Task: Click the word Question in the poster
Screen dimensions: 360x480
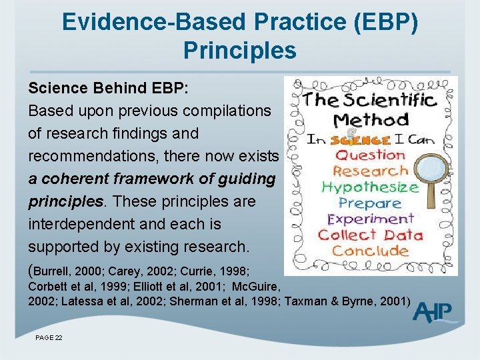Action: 370,155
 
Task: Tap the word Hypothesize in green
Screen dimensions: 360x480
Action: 369,187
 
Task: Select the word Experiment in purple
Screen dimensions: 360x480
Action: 370,219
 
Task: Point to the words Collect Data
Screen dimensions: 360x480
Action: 370,235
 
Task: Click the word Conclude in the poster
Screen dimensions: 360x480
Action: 370,251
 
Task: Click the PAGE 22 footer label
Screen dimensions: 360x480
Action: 49,339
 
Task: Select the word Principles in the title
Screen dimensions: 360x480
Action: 239,49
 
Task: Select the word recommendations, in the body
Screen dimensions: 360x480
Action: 95,156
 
